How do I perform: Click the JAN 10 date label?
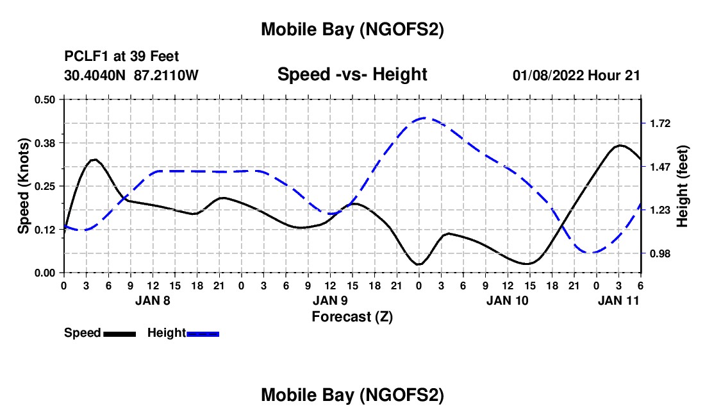pos(508,300)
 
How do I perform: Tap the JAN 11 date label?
pos(618,300)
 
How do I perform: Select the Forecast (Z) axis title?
pos(352,316)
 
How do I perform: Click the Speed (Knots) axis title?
pos(23,186)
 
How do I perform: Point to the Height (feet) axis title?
pos(683,186)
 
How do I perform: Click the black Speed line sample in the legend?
pos(119,334)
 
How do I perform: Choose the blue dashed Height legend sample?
pos(203,334)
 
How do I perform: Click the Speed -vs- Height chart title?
pos(352,74)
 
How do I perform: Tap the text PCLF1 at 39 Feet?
pos(122,56)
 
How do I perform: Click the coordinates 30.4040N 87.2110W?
pos(131,75)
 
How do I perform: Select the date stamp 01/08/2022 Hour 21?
pos(576,75)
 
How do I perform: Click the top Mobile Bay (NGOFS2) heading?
pos(352,30)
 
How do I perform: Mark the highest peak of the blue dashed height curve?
pos(424,118)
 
